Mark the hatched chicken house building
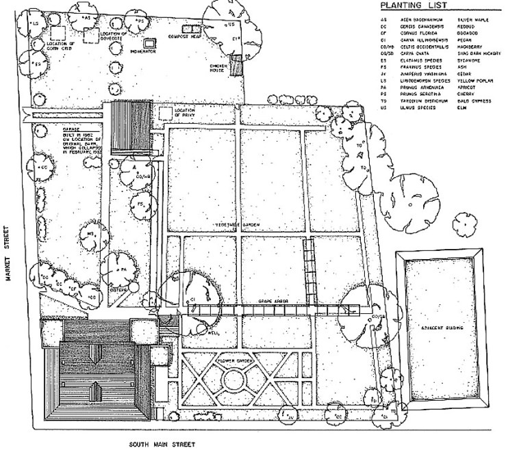pyautogui.click(x=236, y=66)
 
